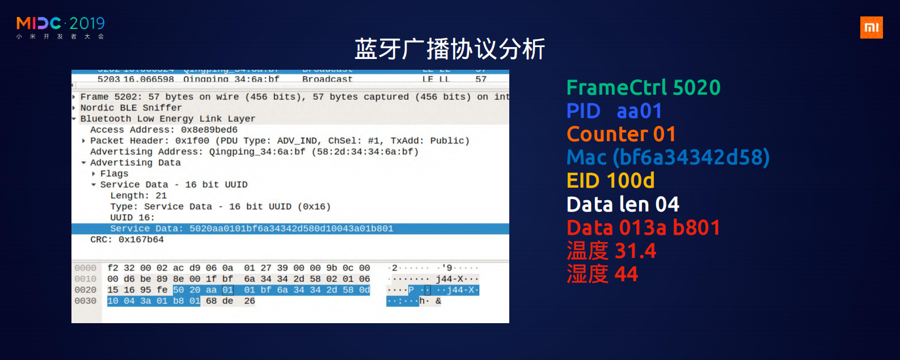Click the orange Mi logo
[x=871, y=27]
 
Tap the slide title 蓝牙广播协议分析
[x=450, y=49]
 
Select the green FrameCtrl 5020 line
[x=643, y=88]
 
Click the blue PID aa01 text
[x=614, y=111]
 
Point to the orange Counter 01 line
[x=621, y=134]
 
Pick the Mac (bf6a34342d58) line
[x=668, y=158]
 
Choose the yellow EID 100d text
[x=610, y=181]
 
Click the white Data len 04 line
[x=623, y=204]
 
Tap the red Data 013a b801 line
[x=643, y=228]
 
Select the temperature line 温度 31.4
[x=611, y=251]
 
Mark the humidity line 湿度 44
[x=602, y=274]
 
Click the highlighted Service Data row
[x=251, y=228]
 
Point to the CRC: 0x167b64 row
[x=126, y=240]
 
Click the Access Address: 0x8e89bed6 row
[x=163, y=130]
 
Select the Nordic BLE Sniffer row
[x=130, y=108]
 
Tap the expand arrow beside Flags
[x=94, y=174]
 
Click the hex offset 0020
[x=85, y=290]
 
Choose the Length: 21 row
[x=138, y=196]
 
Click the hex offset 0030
[x=85, y=301]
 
